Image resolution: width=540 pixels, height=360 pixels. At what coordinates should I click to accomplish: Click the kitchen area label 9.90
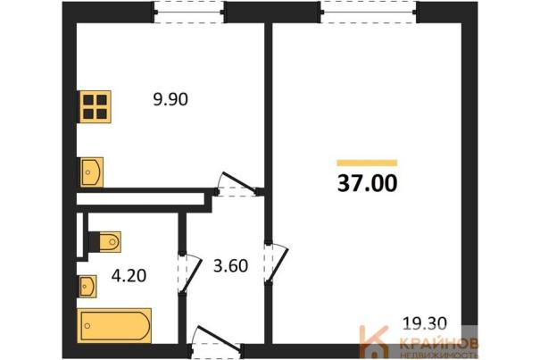pos(170,100)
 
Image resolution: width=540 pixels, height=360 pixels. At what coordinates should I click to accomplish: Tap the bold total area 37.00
pos(367,183)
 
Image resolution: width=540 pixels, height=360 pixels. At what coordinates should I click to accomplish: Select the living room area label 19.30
pos(425,323)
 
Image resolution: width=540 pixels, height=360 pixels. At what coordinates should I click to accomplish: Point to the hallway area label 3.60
pos(230,266)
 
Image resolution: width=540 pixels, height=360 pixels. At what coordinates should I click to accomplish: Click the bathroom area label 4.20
pos(129,275)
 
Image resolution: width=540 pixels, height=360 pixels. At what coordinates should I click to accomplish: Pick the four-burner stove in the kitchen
pos(95,106)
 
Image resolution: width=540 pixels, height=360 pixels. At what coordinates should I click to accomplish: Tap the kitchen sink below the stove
pos(91,172)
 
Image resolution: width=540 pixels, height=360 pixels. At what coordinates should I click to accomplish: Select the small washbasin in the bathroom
pos(87,286)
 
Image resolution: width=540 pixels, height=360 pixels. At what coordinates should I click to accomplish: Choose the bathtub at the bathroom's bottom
pos(114,325)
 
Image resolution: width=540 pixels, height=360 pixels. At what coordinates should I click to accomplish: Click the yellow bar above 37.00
pos(367,163)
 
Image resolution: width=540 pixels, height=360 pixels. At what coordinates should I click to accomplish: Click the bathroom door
pos(190,273)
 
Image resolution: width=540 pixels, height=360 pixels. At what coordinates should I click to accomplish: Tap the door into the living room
pos(277,264)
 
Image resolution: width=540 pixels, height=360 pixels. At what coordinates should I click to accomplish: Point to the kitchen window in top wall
pos(189,13)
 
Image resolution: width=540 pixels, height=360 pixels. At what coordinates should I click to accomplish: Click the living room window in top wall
pos(369,13)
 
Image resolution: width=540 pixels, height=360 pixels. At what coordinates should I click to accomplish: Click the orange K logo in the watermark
pos(374,341)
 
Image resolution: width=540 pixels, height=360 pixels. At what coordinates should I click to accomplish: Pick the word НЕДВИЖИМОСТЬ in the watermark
pos(439,355)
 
